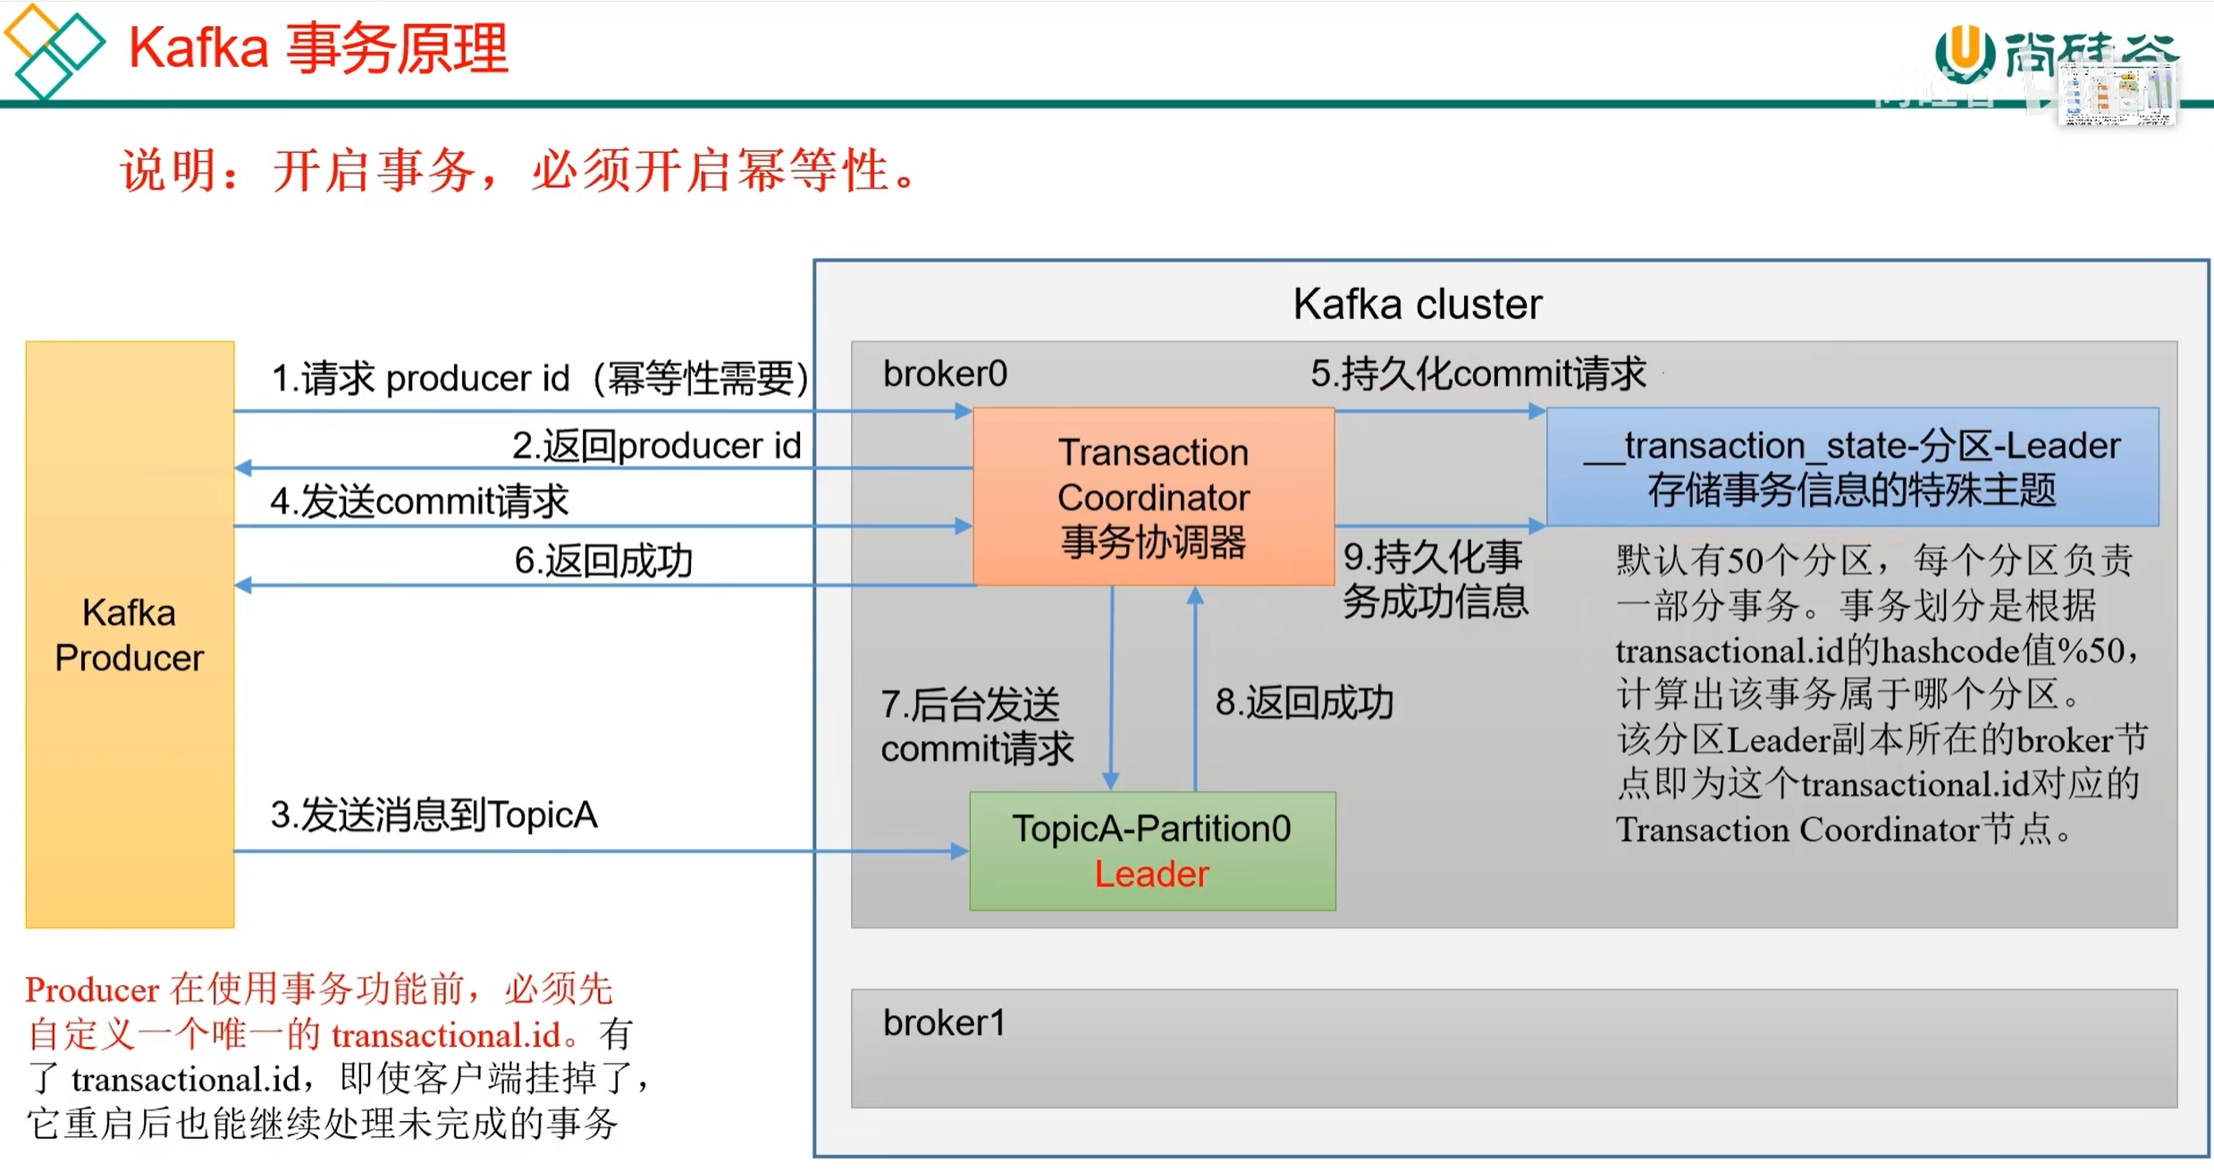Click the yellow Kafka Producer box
pyautogui.click(x=130, y=635)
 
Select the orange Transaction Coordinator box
pyautogui.click(x=1153, y=497)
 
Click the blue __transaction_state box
pyautogui.click(x=1852, y=467)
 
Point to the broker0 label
pyautogui.click(x=945, y=374)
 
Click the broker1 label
pyautogui.click(x=944, y=1023)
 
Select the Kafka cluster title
pyautogui.click(x=1418, y=304)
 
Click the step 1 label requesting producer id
pyautogui.click(x=540, y=378)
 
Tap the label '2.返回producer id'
pyautogui.click(x=656, y=445)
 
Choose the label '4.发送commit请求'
pyautogui.click(x=419, y=501)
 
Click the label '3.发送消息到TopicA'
pyautogui.click(x=434, y=814)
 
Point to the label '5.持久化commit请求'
pyautogui.click(x=1477, y=374)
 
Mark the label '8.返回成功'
pyautogui.click(x=1304, y=703)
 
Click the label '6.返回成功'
pyautogui.click(x=603, y=560)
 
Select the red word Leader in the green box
pyautogui.click(x=1151, y=874)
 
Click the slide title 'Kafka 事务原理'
pyautogui.click(x=318, y=48)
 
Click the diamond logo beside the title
pyautogui.click(x=54, y=50)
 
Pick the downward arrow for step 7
pyautogui.click(x=1111, y=688)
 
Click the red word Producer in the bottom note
pyautogui.click(x=92, y=990)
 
